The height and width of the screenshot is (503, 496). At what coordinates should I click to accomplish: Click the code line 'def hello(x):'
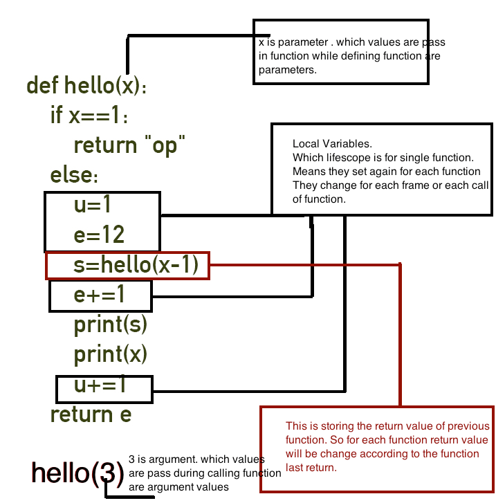tap(86, 86)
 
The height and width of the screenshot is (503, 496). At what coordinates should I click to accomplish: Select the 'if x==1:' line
tap(89, 116)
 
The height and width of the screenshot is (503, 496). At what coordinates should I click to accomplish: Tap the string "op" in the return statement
tap(165, 145)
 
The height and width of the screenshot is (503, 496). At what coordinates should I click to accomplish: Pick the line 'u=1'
tap(93, 205)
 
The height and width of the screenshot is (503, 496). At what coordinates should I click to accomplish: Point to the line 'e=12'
tap(99, 235)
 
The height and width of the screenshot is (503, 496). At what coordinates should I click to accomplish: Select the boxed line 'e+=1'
tap(100, 295)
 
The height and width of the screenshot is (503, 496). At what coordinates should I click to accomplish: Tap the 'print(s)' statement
tap(111, 324)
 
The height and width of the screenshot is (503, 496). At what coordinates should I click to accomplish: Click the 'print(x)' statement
tap(111, 354)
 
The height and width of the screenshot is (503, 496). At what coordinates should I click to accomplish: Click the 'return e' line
tap(91, 414)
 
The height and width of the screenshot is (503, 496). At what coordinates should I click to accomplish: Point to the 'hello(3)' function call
tap(78, 473)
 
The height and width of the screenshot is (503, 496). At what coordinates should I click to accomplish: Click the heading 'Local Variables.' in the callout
tap(332, 144)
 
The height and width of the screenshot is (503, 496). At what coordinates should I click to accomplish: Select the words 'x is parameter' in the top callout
tap(288, 43)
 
